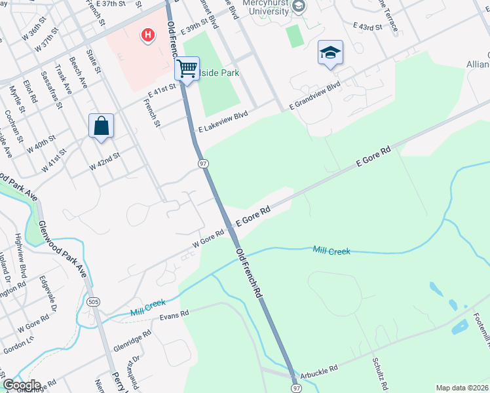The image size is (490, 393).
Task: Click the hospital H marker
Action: [x=149, y=34]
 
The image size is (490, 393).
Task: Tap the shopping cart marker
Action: [x=187, y=68]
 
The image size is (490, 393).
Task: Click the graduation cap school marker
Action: [x=330, y=52]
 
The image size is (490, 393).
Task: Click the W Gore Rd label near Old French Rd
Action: [x=208, y=237]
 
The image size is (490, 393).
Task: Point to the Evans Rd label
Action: [x=174, y=314]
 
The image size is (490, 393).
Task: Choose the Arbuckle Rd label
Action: [x=320, y=369]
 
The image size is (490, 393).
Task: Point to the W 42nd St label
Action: [x=105, y=160]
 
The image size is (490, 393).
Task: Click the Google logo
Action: [x=21, y=385]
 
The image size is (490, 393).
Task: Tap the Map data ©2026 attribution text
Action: [x=461, y=388]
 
